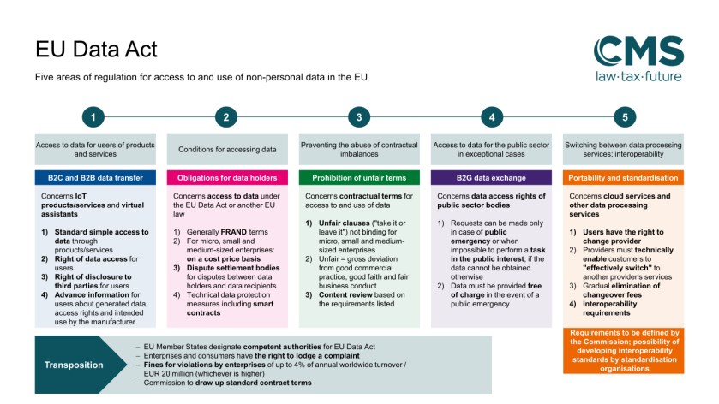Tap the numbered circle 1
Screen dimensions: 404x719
[94, 116]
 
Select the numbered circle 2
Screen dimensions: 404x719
[226, 116]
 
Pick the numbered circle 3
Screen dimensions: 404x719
[359, 116]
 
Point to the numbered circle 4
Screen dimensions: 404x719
[491, 116]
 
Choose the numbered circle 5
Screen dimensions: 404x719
[625, 116]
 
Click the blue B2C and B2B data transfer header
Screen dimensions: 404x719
[95, 178]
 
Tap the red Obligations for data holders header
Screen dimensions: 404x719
[226, 178]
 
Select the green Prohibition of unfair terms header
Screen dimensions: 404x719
[359, 178]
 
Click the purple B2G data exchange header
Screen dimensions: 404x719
[491, 178]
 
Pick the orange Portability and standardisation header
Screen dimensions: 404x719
[624, 178]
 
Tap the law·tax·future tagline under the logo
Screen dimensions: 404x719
[634, 76]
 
